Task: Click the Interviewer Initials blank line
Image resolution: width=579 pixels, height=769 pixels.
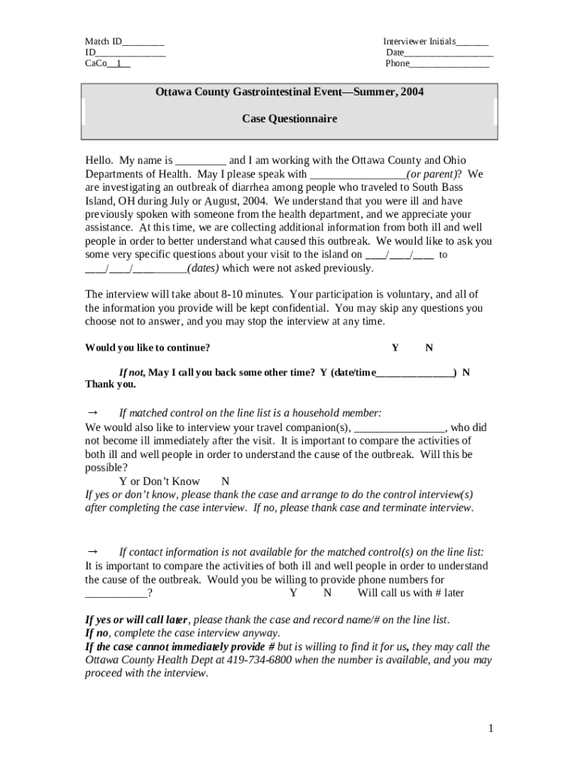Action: (x=471, y=43)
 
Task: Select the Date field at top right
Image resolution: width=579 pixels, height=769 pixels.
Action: (x=449, y=53)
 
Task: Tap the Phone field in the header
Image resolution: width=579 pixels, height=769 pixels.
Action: (x=449, y=64)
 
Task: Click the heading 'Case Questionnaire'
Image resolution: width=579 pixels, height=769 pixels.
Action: (x=289, y=119)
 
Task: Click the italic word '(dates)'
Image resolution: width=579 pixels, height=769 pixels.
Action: (x=205, y=268)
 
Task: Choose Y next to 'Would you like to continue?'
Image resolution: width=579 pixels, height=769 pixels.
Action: (x=395, y=348)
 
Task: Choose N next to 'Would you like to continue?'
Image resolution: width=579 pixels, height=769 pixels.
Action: (x=429, y=348)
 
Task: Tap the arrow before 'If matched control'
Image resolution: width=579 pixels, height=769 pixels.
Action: (x=94, y=412)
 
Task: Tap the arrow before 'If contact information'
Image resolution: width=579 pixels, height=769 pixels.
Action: (x=94, y=551)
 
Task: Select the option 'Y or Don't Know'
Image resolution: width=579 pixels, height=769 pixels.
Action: (x=159, y=481)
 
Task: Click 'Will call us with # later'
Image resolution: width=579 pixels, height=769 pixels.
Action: (x=411, y=593)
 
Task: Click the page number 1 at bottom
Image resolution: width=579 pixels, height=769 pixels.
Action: (x=490, y=728)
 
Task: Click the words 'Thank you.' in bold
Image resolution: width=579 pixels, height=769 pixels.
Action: (x=111, y=384)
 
